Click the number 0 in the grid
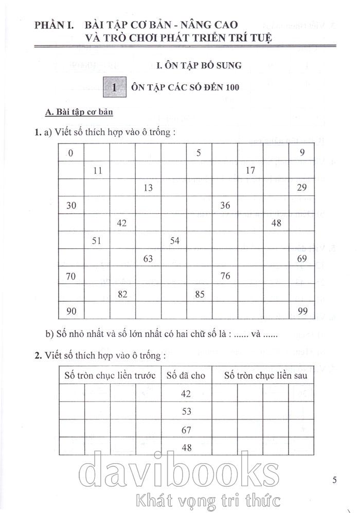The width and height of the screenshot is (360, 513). click(x=71, y=153)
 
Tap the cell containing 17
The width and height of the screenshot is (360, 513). click(x=250, y=170)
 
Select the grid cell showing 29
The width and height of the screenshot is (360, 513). click(x=302, y=188)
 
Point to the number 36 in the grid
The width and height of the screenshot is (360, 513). click(x=225, y=206)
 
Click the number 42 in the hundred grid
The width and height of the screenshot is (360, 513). click(x=122, y=224)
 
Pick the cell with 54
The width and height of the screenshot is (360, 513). click(x=174, y=241)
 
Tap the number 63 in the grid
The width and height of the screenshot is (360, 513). click(x=148, y=259)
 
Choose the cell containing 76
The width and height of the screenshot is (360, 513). click(x=225, y=277)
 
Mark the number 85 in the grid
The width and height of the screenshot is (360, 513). click(x=200, y=295)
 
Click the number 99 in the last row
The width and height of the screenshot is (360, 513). click(x=302, y=312)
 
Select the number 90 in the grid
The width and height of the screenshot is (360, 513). click(x=71, y=312)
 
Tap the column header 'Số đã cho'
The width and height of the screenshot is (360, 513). click(x=186, y=376)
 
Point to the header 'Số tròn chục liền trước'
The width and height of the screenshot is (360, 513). click(x=110, y=376)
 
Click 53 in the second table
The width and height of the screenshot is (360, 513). click(x=186, y=412)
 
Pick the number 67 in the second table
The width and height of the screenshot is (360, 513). click(x=186, y=430)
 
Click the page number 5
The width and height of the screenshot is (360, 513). click(x=334, y=481)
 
